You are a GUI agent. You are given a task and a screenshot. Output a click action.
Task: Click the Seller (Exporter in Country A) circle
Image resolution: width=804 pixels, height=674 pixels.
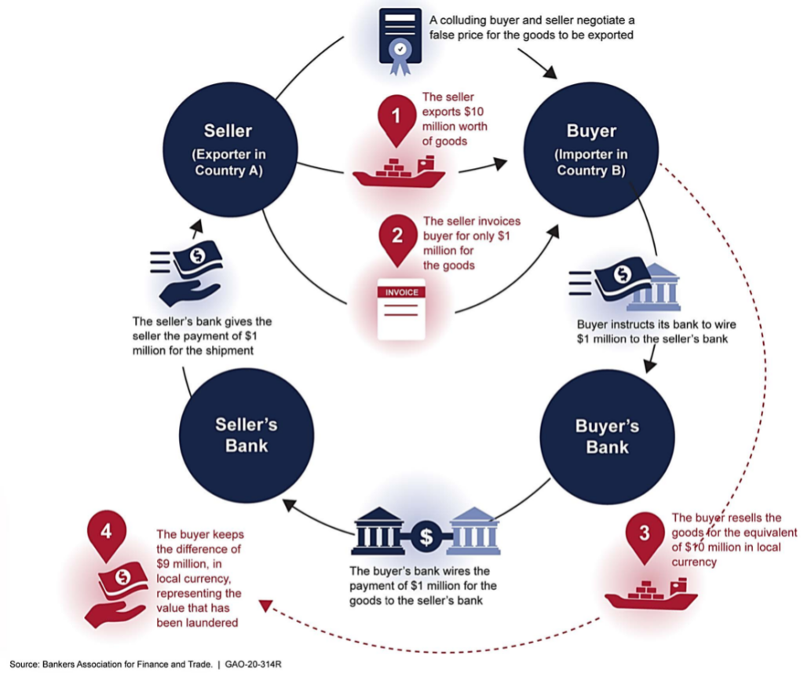point(230,150)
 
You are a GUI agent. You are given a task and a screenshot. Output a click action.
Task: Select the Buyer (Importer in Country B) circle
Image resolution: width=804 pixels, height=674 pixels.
point(590,150)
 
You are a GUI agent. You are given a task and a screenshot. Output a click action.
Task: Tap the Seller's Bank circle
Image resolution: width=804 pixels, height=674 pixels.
point(247,435)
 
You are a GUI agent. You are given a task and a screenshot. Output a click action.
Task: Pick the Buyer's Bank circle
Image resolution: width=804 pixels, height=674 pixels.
point(607,437)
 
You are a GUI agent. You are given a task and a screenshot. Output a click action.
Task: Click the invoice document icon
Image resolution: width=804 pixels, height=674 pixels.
point(401,310)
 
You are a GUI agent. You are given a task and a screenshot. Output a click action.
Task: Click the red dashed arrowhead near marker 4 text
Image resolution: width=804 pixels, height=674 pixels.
point(265,606)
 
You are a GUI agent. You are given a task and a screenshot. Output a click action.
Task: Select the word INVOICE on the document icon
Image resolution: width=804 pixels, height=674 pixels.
point(401,292)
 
